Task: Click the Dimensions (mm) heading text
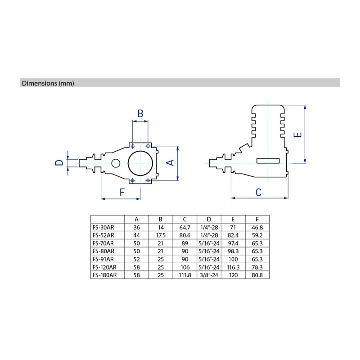(x=48, y=83)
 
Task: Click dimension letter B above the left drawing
(x=140, y=113)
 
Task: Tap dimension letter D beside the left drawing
(x=59, y=163)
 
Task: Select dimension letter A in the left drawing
(x=170, y=162)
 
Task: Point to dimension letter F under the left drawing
(x=122, y=192)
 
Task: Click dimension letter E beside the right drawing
(x=297, y=134)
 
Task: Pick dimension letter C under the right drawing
(x=258, y=193)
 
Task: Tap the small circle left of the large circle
(x=116, y=163)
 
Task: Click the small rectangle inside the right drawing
(x=268, y=161)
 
